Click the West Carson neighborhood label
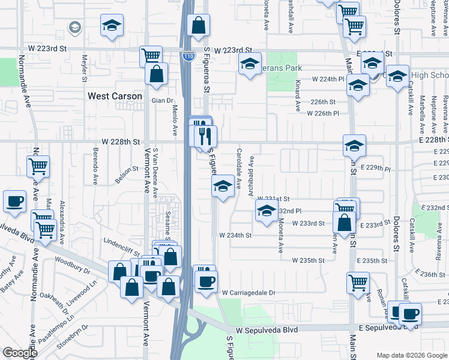[115, 96]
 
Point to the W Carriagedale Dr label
[248, 293]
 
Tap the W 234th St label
[235, 235]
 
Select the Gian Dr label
[161, 100]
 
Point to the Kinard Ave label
[297, 97]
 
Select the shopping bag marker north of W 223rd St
[198, 26]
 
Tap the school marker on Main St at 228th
[355, 146]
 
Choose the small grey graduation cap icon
[74, 27]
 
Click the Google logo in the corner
[20, 353]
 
